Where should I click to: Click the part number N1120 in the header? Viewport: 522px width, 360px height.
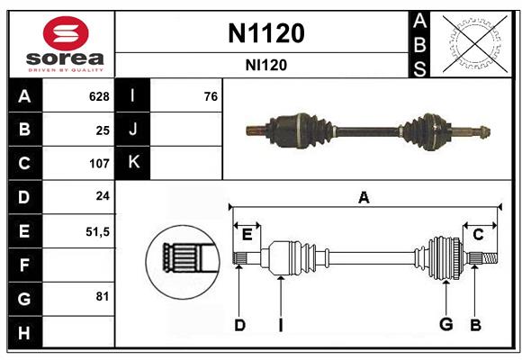pos(265,33)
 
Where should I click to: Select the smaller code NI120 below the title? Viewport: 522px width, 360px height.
pos(265,65)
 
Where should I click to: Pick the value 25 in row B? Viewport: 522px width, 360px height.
pos(102,130)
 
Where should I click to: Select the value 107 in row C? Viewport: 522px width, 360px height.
pos(98,164)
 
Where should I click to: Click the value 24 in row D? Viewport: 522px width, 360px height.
pos(102,197)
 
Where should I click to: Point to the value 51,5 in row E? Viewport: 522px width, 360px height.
pos(97,231)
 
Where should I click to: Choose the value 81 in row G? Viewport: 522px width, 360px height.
pos(102,297)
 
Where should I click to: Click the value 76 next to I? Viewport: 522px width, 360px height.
pos(211,96)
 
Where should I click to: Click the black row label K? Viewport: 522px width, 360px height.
pos(134,164)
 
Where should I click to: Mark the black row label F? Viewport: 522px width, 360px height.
pos(23,265)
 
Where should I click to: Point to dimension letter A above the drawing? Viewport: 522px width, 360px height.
pos(364,198)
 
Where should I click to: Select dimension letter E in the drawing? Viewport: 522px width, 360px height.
pos(247,235)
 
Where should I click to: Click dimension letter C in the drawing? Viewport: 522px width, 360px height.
pos(479,235)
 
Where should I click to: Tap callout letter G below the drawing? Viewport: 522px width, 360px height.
pos(445,325)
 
